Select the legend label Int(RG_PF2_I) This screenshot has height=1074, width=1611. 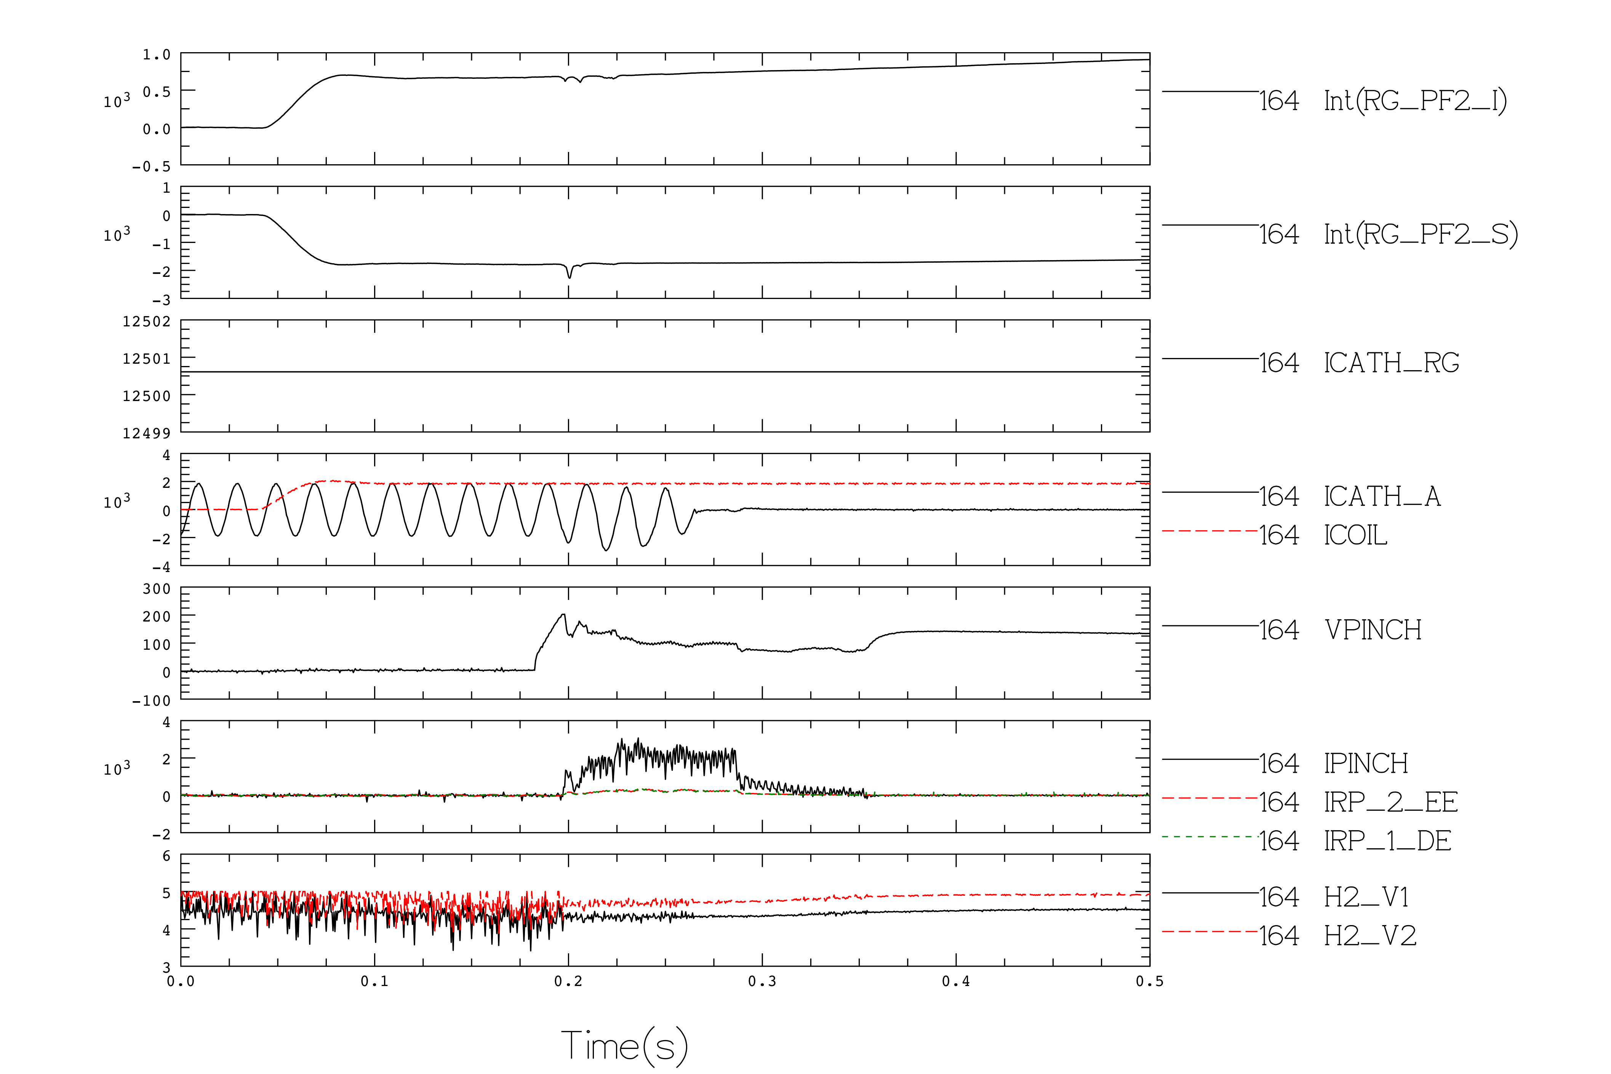pos(1415,101)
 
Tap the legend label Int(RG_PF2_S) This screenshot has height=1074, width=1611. pos(1421,234)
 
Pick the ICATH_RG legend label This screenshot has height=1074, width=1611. pos(1391,363)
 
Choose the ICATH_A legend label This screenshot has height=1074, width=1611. pos(1382,497)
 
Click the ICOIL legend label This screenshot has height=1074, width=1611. pos(1355,535)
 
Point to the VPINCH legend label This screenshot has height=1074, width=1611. pos(1373,630)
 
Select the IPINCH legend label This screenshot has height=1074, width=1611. pos(1366,764)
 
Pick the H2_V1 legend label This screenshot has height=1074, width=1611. pos(1366,897)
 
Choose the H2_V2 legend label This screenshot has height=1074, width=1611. pos(1370,936)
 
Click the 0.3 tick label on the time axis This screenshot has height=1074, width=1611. pos(762,981)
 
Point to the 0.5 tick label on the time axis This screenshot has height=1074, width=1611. pos(1149,981)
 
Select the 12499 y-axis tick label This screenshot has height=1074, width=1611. pos(147,433)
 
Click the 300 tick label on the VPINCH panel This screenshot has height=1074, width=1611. pos(157,589)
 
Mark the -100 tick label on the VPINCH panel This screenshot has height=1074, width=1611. pos(151,701)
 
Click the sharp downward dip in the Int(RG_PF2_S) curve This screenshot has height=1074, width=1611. pos(569,277)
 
